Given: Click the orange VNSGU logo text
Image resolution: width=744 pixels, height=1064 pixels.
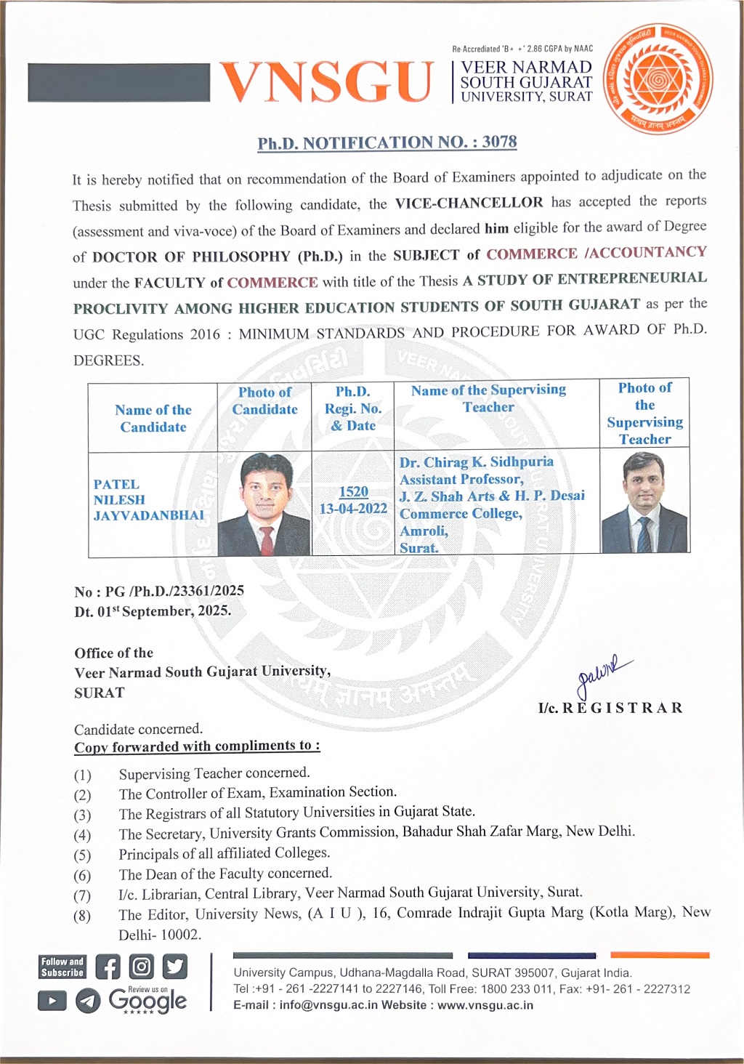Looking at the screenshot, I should (326, 81).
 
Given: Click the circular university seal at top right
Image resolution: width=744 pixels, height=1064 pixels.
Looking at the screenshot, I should (659, 79).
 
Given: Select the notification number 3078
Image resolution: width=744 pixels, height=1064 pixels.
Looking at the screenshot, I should (499, 142).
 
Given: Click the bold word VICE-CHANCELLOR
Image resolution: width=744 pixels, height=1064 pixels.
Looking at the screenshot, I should (469, 203).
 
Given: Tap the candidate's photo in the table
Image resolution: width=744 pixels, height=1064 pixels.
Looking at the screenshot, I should (264, 504).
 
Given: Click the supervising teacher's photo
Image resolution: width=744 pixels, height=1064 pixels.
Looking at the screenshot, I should (644, 501).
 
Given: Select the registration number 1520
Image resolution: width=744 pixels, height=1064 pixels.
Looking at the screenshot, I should (353, 492).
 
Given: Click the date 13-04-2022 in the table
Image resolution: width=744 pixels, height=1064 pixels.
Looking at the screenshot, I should (353, 509).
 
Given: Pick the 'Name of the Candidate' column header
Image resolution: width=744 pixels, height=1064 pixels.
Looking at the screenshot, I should (153, 418).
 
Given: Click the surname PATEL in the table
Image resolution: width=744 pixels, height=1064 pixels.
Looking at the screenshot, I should (116, 484).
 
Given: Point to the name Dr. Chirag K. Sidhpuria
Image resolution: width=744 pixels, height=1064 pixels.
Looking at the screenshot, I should (477, 462).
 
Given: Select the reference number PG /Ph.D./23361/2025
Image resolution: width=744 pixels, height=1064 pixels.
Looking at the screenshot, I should (174, 591).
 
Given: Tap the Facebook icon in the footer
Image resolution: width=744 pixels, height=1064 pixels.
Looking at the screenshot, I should (108, 967).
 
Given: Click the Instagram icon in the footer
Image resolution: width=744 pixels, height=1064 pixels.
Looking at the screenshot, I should (141, 967).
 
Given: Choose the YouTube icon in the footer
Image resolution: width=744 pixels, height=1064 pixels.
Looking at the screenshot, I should (52, 1001).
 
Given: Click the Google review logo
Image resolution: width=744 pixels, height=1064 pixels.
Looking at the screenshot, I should (147, 1001).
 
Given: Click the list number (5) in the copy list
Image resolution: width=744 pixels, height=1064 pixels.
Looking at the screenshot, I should (82, 855).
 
